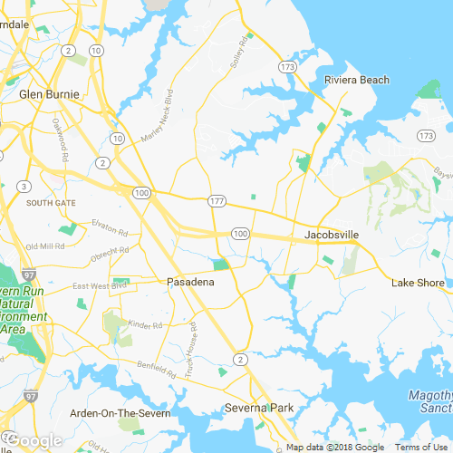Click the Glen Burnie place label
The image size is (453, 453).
click(x=50, y=93)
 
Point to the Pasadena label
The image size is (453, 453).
click(x=190, y=283)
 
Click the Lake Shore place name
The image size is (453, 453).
click(x=418, y=283)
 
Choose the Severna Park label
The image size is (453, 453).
click(x=260, y=409)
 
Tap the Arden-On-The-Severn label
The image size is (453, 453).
click(x=120, y=413)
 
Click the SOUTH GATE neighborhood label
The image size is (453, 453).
click(x=51, y=203)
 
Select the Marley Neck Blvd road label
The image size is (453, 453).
click(x=156, y=118)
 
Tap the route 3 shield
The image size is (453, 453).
click(x=22, y=187)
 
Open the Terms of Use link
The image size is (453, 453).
click(x=419, y=448)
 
